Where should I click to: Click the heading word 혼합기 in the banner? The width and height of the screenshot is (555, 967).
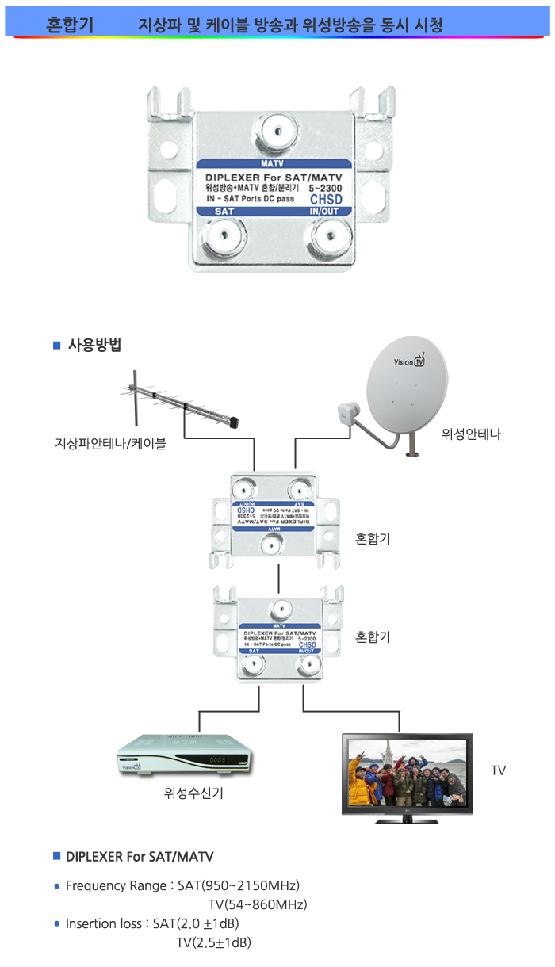coord(70,25)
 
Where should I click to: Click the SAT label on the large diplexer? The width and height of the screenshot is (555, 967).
coord(224,212)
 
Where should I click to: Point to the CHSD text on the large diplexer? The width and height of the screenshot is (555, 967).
coord(325,200)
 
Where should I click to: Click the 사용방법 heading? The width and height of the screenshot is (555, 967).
coord(94,345)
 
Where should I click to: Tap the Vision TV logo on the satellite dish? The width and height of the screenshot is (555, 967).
coord(410,362)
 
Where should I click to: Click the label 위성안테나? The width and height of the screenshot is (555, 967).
coord(472,434)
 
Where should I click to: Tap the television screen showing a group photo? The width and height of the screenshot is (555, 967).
coord(407,772)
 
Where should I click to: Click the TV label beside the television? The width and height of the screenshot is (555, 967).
coord(498,770)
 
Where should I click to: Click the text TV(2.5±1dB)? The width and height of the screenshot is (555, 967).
coord(213,942)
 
